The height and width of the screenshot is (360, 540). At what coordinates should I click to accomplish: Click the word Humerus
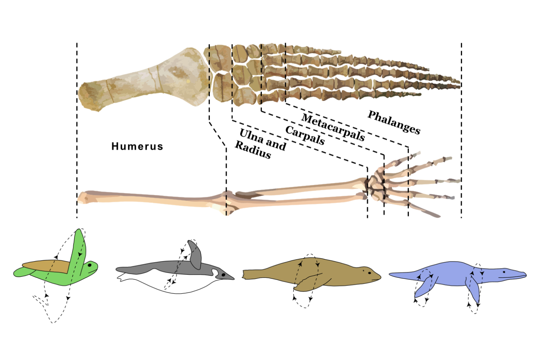(137, 147)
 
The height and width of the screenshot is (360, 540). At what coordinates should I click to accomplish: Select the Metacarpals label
(333, 127)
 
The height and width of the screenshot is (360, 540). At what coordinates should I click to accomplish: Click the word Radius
(253, 150)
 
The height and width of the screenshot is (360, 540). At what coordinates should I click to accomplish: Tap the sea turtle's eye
(89, 265)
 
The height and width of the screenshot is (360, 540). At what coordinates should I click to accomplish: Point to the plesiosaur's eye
(504, 272)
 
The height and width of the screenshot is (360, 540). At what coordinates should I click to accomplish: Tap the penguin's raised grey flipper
(195, 255)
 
